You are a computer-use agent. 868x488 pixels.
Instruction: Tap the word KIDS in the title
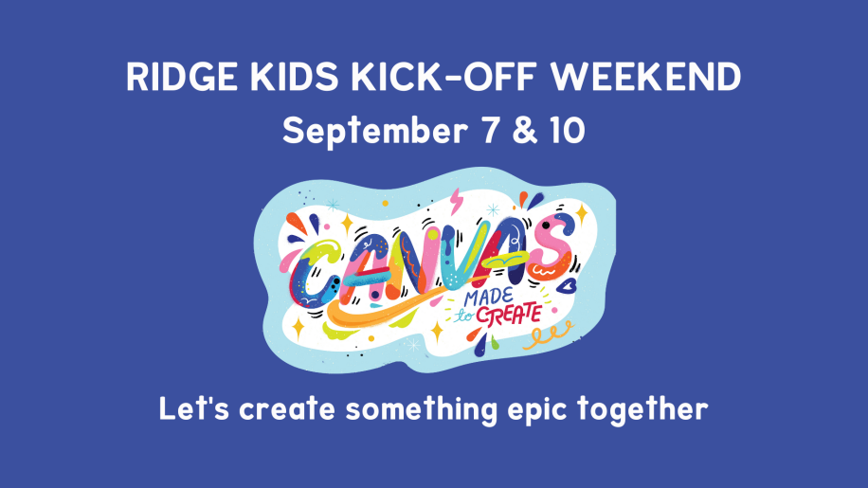coord(294,77)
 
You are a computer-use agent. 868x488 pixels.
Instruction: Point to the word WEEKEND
coord(645,77)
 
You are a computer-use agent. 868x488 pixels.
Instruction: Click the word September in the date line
coord(375,132)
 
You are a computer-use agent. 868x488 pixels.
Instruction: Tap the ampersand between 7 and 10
coord(525,131)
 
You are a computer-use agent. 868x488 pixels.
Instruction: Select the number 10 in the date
coord(568,131)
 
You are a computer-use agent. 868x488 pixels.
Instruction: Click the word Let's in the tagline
coord(193,409)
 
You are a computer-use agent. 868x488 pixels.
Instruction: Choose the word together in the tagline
coord(642,410)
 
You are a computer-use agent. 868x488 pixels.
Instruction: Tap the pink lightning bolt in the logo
coord(456,201)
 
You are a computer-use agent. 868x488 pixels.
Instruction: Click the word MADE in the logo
coord(488,298)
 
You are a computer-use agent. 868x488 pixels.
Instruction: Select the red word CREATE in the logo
coord(509,316)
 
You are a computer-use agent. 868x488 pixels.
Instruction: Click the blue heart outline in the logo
coord(567,286)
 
